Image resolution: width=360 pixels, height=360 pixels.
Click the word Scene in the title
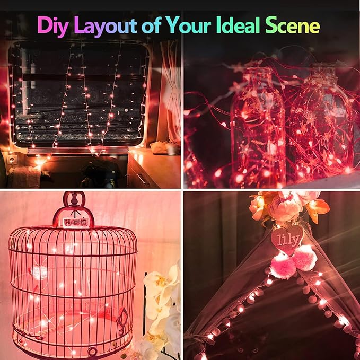click(x=300, y=25)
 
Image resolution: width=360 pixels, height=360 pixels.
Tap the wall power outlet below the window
click(x=11, y=159)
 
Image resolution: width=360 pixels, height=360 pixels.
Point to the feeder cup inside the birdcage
click(x=38, y=273)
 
